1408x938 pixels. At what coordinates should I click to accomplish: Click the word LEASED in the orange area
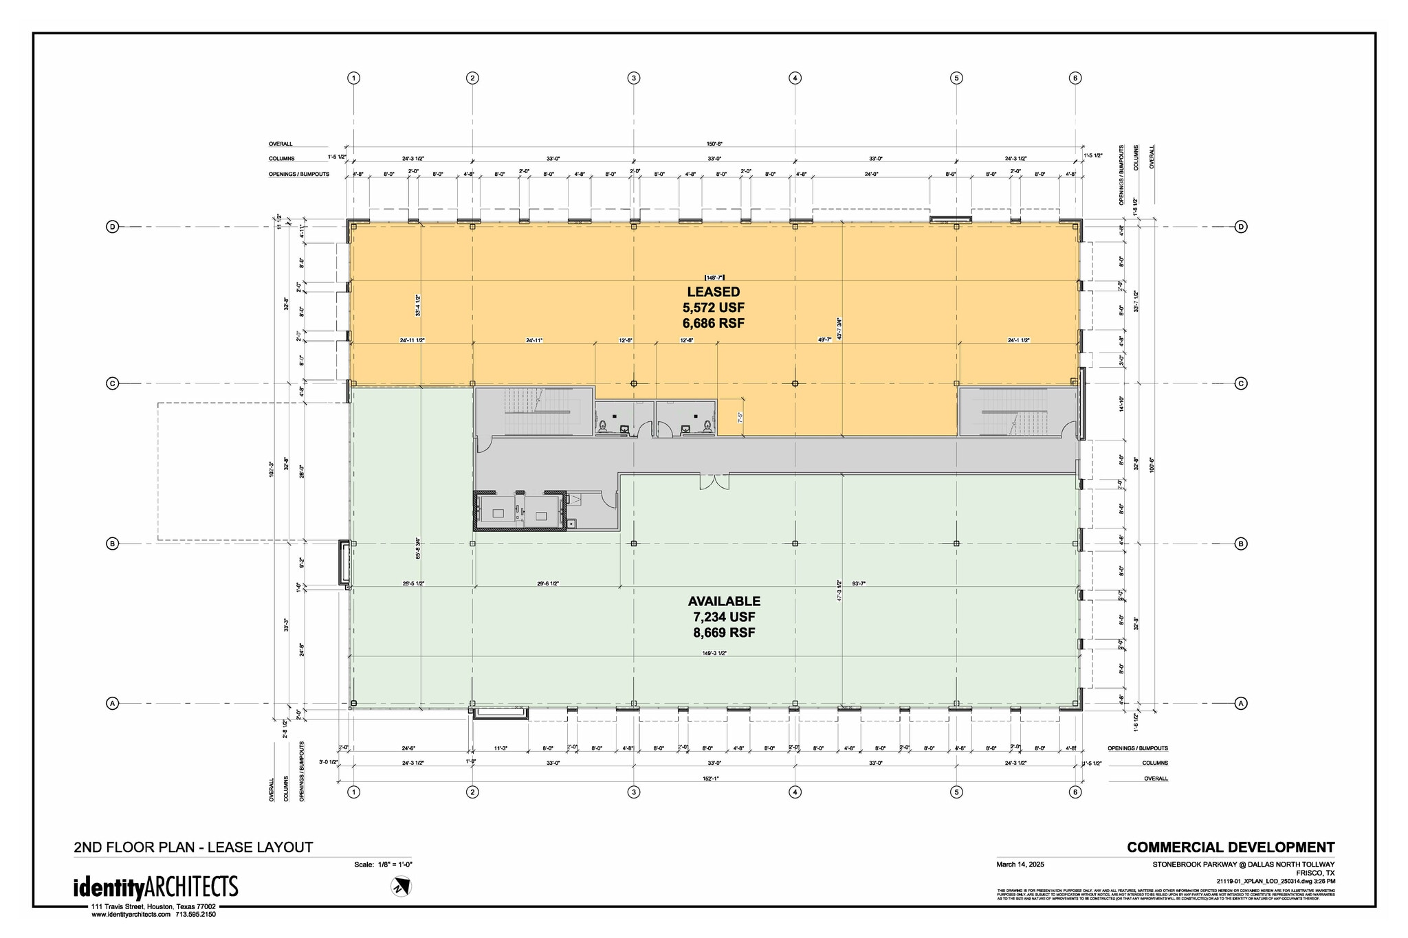[x=713, y=292]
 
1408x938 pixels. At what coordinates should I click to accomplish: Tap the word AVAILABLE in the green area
[x=724, y=601]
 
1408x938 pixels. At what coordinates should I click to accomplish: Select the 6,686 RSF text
[x=713, y=323]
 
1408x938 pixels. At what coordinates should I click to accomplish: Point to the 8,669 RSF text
[x=724, y=633]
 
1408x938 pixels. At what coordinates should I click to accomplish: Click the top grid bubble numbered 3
[x=634, y=78]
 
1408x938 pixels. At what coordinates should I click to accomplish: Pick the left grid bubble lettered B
[x=113, y=544]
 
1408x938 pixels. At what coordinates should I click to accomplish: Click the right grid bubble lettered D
[x=1241, y=227]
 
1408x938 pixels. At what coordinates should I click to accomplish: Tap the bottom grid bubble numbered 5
[x=956, y=792]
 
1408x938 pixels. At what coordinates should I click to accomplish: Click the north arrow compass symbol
[x=400, y=887]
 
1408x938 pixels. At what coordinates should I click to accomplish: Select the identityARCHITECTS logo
[x=156, y=887]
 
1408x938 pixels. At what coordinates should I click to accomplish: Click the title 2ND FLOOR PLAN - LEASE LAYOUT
[x=193, y=847]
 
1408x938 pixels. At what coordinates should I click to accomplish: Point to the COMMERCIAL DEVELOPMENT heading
[x=1231, y=847]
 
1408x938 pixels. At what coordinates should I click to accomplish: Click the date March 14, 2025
[x=1020, y=864]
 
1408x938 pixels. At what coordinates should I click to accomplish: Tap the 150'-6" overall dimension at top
[x=714, y=144]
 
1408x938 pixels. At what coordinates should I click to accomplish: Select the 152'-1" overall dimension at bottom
[x=714, y=779]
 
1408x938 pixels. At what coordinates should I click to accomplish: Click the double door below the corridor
[x=714, y=482]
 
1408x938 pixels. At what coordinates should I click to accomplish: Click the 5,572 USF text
[x=713, y=308]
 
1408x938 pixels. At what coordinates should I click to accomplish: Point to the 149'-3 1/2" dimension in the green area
[x=714, y=654]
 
